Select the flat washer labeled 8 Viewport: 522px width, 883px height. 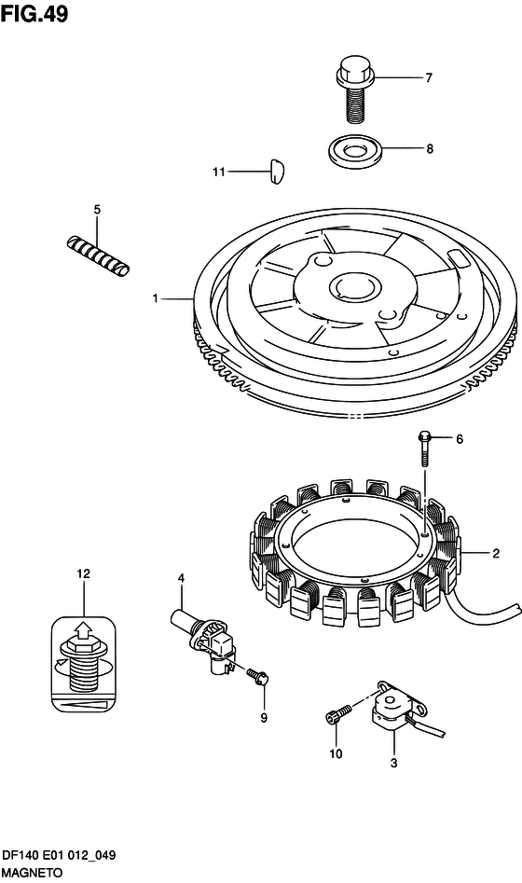click(355, 151)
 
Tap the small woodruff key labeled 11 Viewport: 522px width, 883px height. click(275, 172)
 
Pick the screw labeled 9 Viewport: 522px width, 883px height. click(258, 675)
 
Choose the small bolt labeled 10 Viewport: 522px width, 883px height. click(337, 713)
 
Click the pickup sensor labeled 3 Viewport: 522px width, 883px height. click(397, 706)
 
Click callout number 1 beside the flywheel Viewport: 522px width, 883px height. click(156, 298)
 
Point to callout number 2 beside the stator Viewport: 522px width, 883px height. click(496, 554)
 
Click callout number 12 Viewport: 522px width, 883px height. click(83, 573)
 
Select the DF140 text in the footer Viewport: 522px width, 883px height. click(20, 855)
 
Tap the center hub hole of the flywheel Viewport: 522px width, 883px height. click(352, 285)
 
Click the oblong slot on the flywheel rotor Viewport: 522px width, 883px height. click(458, 260)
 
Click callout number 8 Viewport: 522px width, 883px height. click(430, 149)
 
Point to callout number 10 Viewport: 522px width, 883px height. click(336, 753)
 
